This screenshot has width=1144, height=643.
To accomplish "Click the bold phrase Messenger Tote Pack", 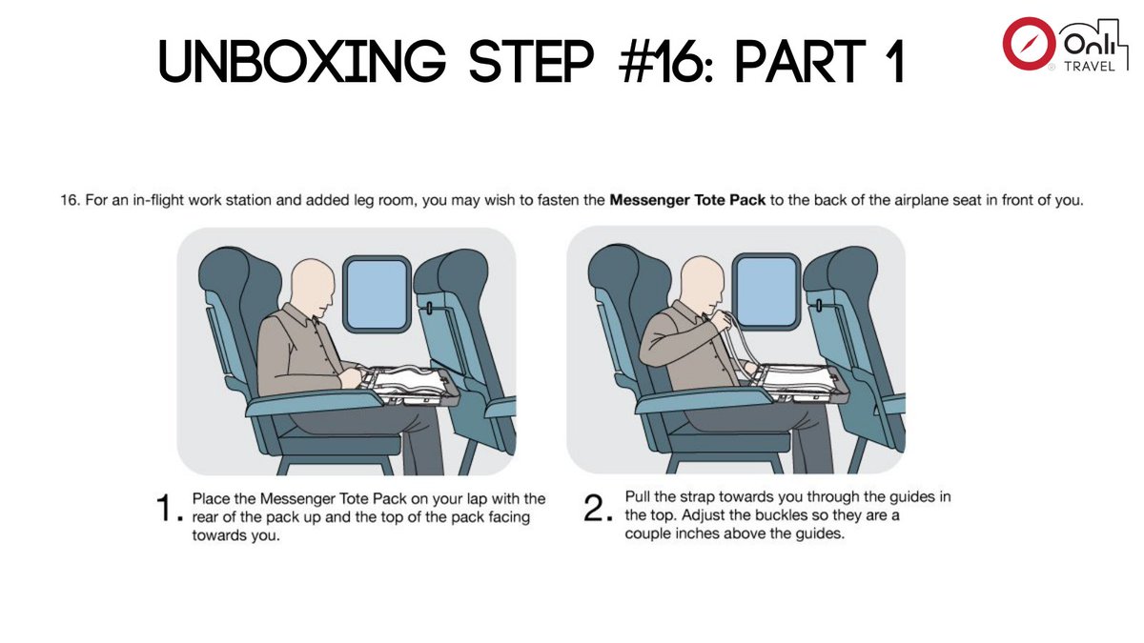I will tap(687, 202).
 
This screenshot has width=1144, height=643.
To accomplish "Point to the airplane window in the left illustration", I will tap(376, 295).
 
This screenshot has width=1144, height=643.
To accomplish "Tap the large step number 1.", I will tap(168, 511).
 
